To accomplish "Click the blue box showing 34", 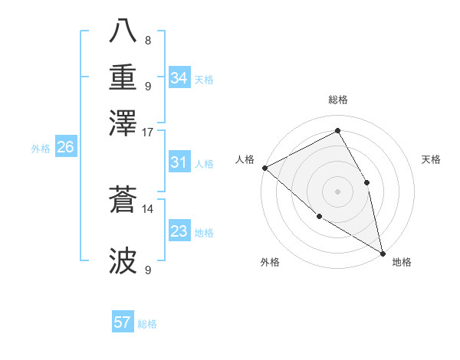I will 179,77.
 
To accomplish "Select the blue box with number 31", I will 179,162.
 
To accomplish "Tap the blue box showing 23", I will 179,231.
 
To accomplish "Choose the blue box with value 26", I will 65,148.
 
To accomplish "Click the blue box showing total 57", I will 123,322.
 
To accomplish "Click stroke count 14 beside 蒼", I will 148,208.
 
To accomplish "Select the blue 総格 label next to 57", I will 147,324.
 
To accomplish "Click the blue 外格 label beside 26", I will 40,149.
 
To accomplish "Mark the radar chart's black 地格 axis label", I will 402,262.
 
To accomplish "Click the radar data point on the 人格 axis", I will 264,168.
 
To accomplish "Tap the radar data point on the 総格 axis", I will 337,130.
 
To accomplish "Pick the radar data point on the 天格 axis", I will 367,182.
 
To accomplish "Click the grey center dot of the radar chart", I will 337,191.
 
